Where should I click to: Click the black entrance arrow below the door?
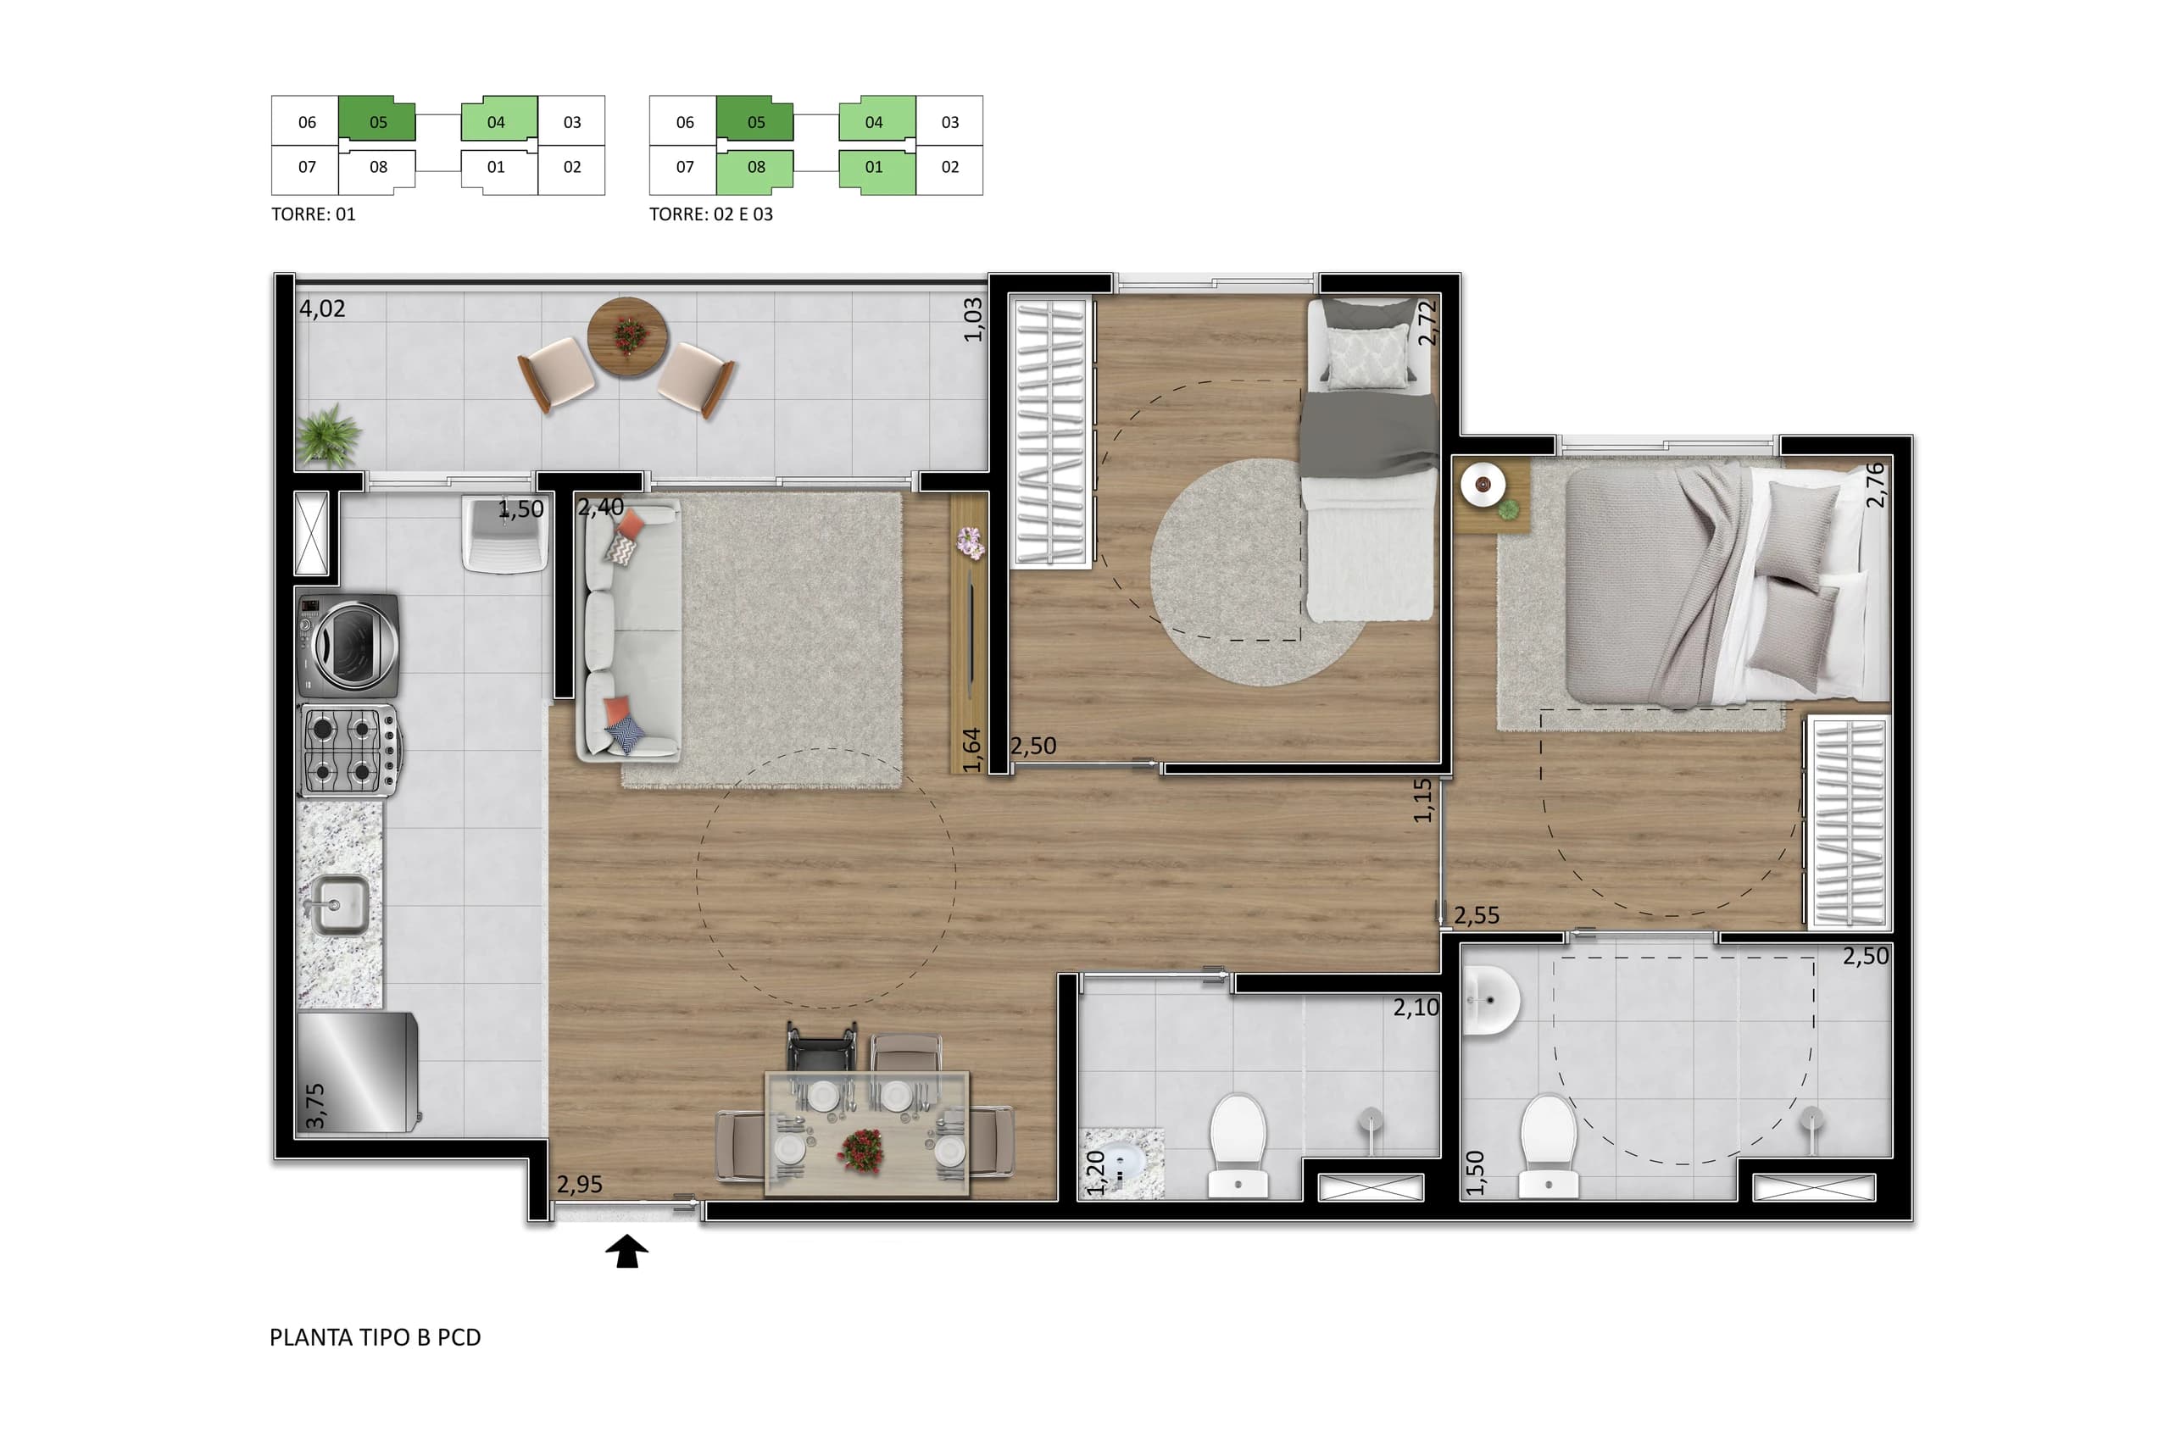(x=626, y=1251)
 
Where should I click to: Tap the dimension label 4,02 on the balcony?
(x=321, y=308)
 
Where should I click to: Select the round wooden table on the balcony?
(x=628, y=336)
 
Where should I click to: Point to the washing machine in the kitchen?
(x=348, y=645)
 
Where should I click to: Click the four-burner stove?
(x=349, y=751)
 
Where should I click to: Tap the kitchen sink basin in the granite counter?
(x=340, y=904)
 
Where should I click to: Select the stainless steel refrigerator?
(x=358, y=1072)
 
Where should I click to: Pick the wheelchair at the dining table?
(x=821, y=1048)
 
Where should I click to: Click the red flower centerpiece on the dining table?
(x=861, y=1149)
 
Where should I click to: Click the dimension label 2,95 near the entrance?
(x=579, y=1183)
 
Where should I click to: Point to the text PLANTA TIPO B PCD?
(x=375, y=1337)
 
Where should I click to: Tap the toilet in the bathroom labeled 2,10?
(x=1238, y=1146)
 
